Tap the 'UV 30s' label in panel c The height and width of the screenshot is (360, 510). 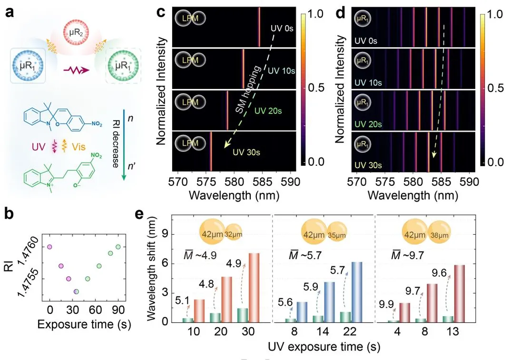point(246,153)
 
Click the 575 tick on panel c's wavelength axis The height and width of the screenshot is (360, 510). point(206,182)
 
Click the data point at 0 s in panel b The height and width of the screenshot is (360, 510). point(49,247)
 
